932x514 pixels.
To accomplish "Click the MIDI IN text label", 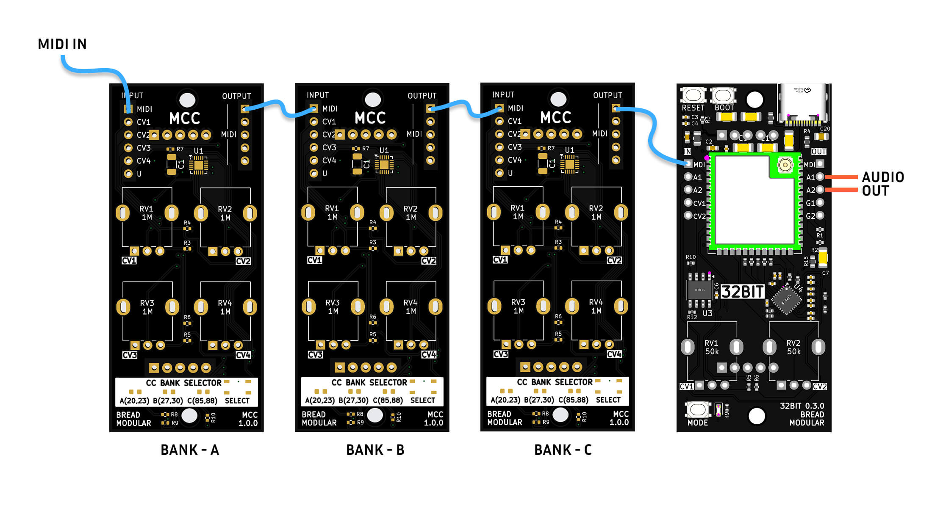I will pos(62,44).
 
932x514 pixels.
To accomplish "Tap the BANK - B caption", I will pos(375,450).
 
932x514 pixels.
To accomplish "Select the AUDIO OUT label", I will pos(882,184).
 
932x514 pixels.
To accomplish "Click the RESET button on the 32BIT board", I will pos(693,96).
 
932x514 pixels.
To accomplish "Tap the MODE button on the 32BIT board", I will pos(697,409).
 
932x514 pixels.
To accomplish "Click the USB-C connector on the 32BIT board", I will pos(803,104).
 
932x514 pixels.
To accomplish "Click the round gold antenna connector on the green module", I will pos(785,165).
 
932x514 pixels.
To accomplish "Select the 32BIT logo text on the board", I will pos(742,292).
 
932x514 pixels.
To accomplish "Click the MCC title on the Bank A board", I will pos(185,119).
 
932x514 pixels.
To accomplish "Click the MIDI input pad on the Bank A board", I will pos(128,109).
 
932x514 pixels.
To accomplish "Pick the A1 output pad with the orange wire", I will pos(820,177).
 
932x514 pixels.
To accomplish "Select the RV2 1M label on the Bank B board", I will pos(410,213).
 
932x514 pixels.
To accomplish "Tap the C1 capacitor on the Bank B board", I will pos(357,164).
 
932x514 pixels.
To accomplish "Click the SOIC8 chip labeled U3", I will pos(699,290).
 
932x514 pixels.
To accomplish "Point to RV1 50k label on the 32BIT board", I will pos(711,347).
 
